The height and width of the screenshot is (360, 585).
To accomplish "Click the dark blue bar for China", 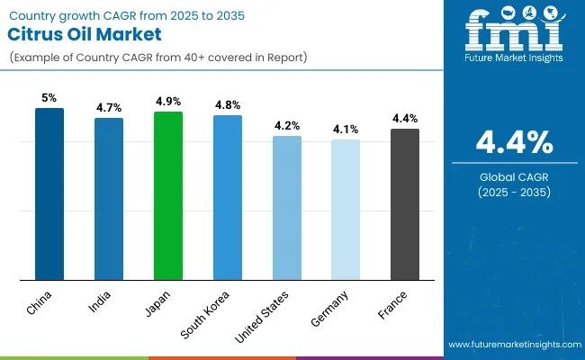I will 49,193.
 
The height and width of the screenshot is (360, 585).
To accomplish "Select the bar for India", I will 109,198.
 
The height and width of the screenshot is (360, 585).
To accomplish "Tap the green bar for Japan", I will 168,195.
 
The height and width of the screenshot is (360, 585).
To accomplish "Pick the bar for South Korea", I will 228,197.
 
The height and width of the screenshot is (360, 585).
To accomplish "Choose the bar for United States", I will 287,208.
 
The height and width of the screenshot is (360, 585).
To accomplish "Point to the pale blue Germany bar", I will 346,209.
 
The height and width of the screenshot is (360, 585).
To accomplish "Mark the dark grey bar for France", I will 405,204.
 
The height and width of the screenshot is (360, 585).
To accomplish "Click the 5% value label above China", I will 49,96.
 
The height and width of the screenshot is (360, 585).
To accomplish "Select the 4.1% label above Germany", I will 346,128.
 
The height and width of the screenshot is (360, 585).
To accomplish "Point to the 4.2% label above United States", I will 287,125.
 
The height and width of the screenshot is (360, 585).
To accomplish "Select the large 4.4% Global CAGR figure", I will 515,142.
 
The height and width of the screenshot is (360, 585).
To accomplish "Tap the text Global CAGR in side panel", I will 515,175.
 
